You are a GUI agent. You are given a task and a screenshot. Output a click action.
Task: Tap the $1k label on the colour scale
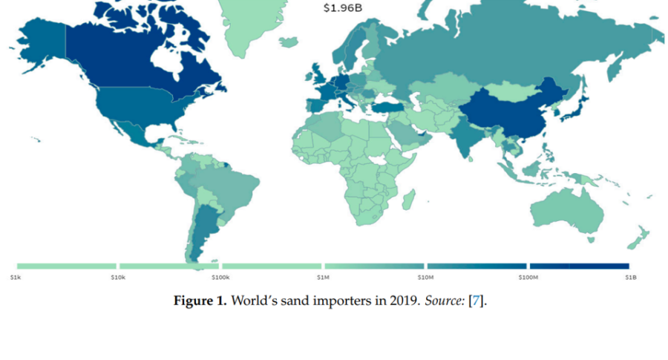[15, 277]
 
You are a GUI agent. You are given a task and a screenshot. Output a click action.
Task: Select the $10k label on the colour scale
[117, 277]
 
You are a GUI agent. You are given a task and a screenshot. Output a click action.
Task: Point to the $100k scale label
[220, 277]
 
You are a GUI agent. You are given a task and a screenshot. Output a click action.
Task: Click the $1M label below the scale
[323, 277]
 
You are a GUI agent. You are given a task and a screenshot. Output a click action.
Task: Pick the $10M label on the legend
[425, 277]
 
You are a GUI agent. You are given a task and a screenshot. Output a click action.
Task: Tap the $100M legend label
[527, 277]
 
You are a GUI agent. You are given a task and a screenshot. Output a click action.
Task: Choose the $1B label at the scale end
[630, 277]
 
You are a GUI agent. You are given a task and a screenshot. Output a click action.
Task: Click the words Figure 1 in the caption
[200, 301]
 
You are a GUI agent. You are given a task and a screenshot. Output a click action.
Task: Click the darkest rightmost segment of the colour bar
[579, 266]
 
